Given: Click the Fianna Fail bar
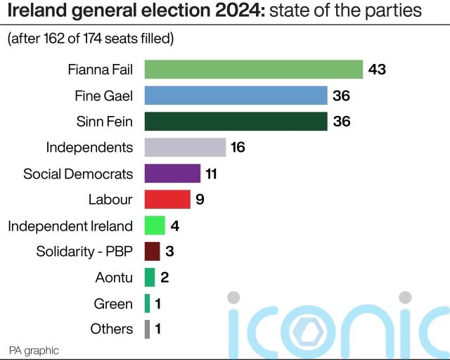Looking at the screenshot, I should point(253,70).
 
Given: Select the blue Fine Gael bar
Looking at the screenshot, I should point(236,96).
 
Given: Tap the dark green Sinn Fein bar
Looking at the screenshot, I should point(236,122).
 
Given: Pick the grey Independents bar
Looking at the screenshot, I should point(185,147).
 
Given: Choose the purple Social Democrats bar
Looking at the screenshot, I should point(172,173).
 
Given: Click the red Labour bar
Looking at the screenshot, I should point(167,199).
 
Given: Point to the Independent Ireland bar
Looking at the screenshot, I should point(155,225).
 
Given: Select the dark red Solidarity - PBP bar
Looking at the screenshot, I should point(152,251).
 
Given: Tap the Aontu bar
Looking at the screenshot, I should point(150,277).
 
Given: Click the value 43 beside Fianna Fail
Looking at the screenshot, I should point(378,70).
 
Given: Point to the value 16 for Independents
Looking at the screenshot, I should point(237,147).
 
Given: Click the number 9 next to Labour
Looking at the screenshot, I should point(200,199).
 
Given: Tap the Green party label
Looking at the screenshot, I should point(113,304).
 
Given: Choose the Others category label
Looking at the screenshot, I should point(112,329).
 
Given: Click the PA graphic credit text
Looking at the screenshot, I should point(34,350).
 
